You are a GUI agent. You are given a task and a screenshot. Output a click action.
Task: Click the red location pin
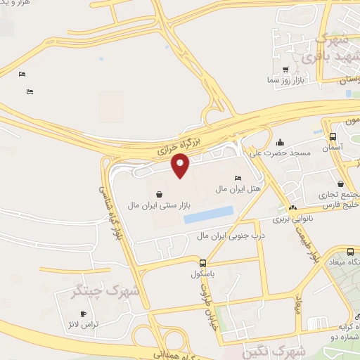(181, 166)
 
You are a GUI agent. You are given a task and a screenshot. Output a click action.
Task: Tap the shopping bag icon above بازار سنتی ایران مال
(160, 193)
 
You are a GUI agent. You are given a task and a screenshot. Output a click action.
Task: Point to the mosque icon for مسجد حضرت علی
(281, 141)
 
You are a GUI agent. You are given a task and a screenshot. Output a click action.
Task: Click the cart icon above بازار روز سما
(285, 70)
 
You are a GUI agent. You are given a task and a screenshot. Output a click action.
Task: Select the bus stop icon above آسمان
(332, 136)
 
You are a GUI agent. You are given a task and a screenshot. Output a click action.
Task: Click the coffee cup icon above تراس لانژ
(84, 314)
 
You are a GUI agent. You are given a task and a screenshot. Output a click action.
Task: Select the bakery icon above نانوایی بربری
(292, 207)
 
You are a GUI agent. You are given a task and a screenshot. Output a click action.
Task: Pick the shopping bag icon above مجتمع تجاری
(340, 184)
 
